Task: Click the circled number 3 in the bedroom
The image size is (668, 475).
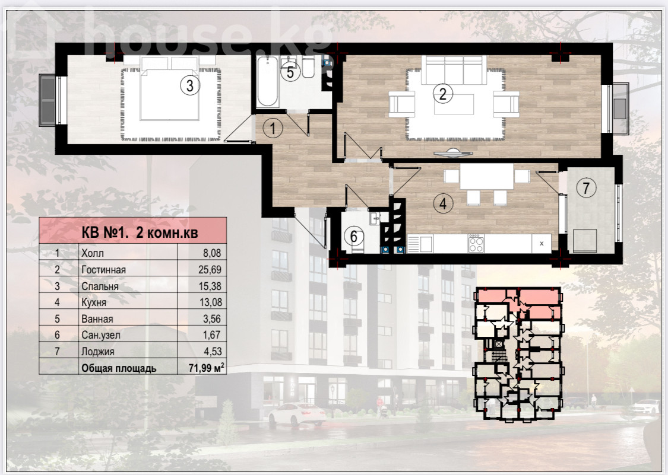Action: click(189, 85)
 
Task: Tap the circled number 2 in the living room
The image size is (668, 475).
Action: click(442, 93)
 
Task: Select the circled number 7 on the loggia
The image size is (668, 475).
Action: click(586, 187)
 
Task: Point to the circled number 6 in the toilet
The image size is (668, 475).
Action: click(354, 237)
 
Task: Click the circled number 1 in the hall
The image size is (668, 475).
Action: click(273, 127)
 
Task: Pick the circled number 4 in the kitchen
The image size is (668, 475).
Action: click(443, 203)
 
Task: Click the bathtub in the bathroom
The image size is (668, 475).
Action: click(268, 81)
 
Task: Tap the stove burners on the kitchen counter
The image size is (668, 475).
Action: click(476, 244)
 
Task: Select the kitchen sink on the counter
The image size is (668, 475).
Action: click(420, 244)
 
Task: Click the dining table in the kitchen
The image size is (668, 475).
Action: click(486, 176)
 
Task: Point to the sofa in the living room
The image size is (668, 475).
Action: click(454, 70)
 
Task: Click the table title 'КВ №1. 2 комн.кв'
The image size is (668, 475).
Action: click(140, 232)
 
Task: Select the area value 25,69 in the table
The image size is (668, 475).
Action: click(210, 269)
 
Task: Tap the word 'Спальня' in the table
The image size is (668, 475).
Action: click(100, 286)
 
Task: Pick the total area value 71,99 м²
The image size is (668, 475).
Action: click(206, 367)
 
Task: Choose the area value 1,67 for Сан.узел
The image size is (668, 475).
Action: click(212, 335)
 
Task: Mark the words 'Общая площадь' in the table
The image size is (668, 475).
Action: click(119, 368)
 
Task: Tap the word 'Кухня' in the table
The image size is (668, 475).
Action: click(94, 302)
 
